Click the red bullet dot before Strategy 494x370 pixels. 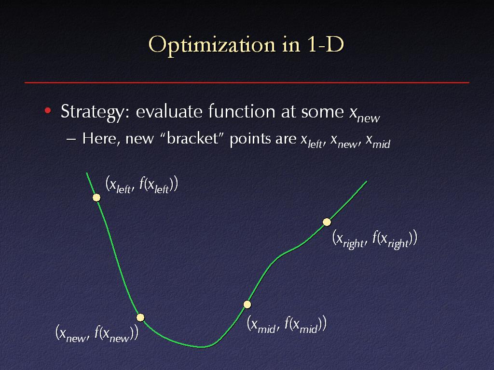coord(48,110)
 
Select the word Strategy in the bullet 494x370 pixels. coord(92,112)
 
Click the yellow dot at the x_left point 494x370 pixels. coord(96,197)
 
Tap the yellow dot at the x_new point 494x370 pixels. coord(140,317)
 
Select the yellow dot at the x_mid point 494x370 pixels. coord(247,304)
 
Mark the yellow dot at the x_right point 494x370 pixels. coord(327,222)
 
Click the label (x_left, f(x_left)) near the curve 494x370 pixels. coord(142,185)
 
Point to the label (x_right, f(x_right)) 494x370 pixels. coord(375,239)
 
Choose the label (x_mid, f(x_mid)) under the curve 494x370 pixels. coord(287,324)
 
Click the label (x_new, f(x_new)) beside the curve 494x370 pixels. coord(96,333)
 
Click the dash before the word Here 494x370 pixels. coord(71,139)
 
